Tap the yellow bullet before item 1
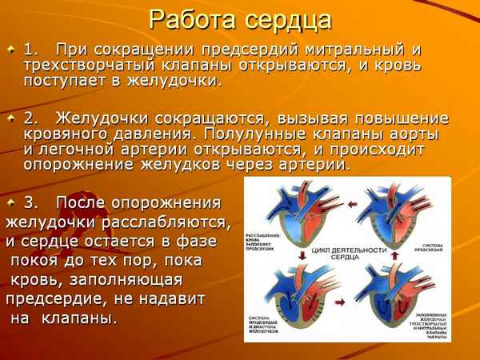[x=10, y=50]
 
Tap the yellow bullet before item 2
[x=10, y=118]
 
